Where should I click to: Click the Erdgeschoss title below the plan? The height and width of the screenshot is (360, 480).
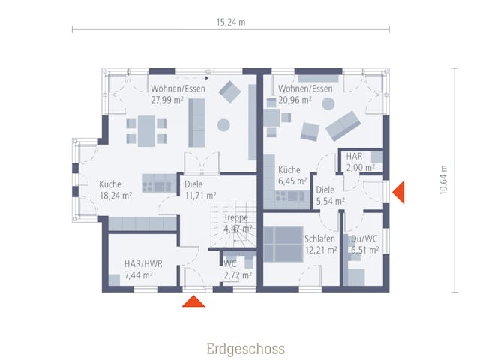(x=245, y=349)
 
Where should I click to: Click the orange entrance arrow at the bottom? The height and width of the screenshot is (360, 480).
(x=194, y=301)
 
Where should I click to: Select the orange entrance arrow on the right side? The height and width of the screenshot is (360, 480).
(x=398, y=192)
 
